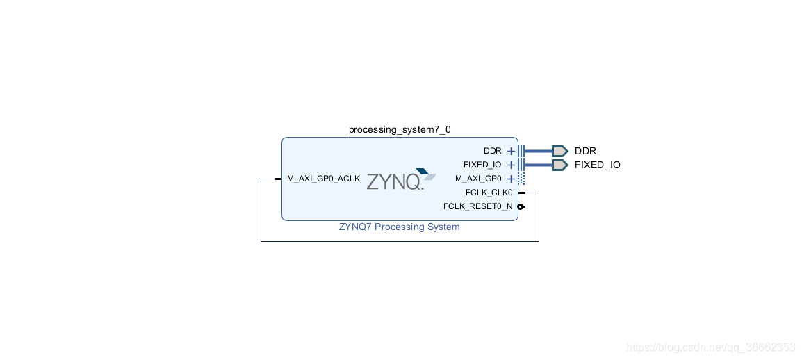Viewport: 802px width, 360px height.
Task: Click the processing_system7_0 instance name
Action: [x=400, y=130]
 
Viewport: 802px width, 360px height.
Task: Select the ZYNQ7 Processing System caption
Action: [x=399, y=227]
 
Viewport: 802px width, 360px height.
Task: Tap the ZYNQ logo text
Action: [x=393, y=182]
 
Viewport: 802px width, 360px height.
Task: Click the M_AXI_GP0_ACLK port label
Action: [x=323, y=179]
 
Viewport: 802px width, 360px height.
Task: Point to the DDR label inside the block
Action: [x=492, y=151]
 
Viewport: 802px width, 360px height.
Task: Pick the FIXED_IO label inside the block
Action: [x=482, y=165]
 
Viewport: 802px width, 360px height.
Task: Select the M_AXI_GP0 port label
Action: [x=478, y=179]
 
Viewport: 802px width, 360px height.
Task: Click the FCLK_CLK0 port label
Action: [x=489, y=193]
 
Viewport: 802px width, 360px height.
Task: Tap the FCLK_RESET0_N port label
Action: [x=477, y=206]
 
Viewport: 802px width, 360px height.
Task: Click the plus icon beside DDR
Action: [x=511, y=151]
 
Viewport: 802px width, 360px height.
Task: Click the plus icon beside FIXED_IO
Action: [x=511, y=165]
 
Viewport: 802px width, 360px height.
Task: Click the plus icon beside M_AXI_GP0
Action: [x=511, y=179]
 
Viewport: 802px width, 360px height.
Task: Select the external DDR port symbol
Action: [x=559, y=151]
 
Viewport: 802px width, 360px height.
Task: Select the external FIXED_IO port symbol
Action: [x=559, y=165]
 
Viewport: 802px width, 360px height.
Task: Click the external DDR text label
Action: [x=585, y=151]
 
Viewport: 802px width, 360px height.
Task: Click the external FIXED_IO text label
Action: [x=597, y=165]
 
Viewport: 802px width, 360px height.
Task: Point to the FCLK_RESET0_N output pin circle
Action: [x=521, y=206]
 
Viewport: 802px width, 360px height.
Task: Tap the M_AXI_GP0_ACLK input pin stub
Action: [x=277, y=179]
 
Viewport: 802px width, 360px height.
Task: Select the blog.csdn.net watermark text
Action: [x=710, y=347]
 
